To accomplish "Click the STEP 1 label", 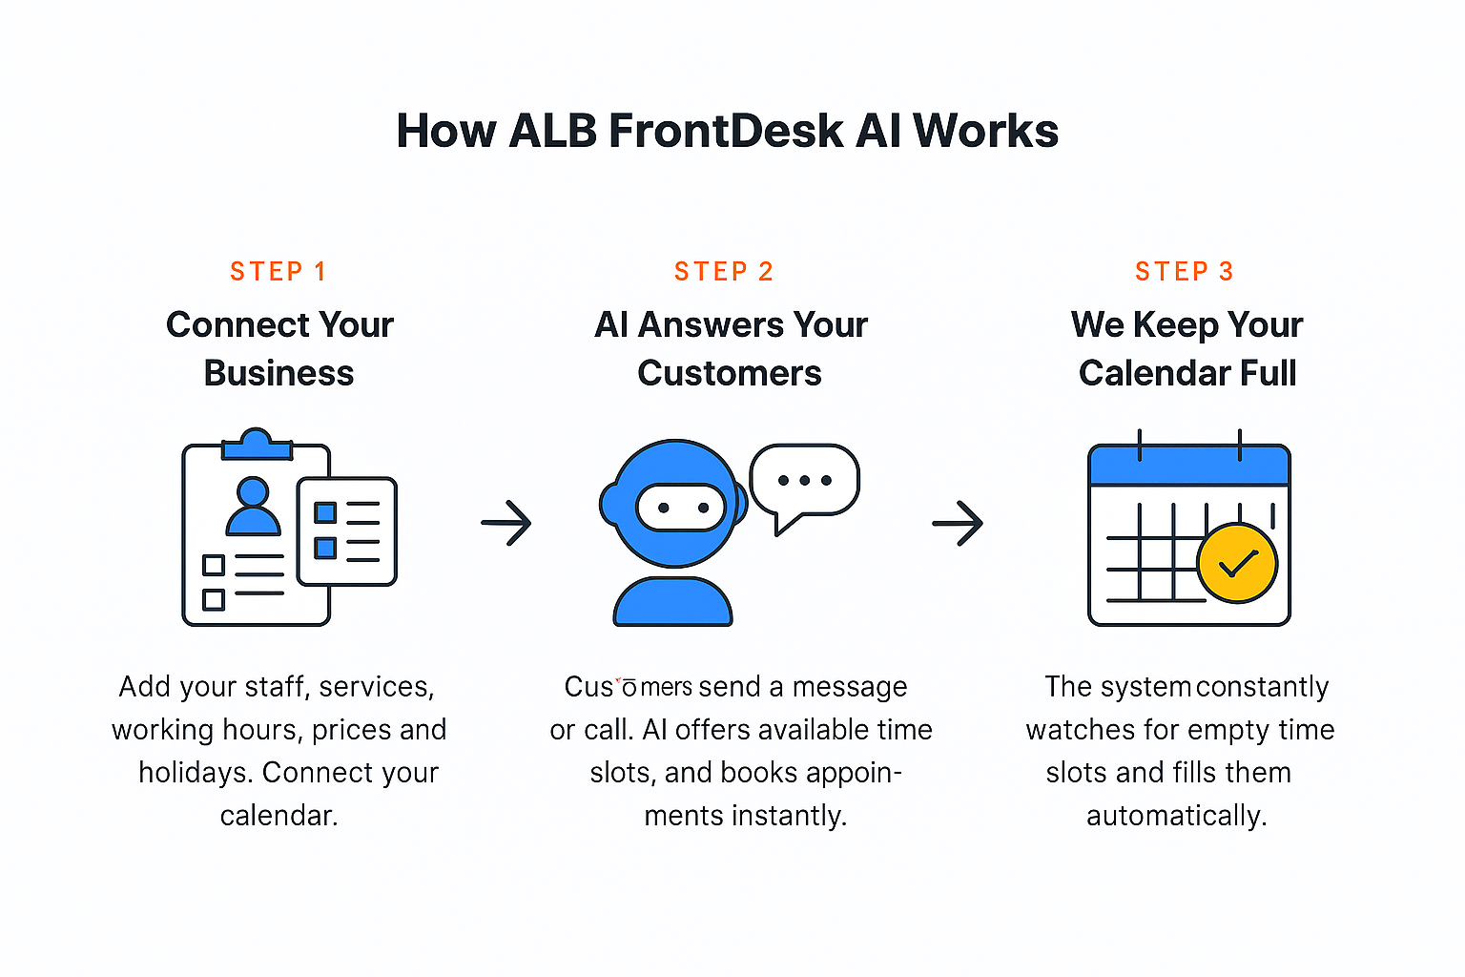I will pos(279,272).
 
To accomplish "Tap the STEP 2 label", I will pos(724,272).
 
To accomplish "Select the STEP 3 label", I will pos(1185,272).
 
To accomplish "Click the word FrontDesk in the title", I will pos(726,131).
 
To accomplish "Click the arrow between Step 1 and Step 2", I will pos(506,523).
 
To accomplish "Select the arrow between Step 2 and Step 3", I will pos(958,523).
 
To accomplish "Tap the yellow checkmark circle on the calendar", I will pos(1237,563).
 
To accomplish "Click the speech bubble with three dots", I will pos(804,480).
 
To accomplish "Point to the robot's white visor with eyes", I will pos(682,508).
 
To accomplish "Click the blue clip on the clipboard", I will pos(256,446).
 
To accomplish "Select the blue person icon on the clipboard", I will pos(253,507).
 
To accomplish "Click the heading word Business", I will pos(279,373).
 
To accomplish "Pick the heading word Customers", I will pos(730,373).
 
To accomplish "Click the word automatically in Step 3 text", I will pos(1176,816).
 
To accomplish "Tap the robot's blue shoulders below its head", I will pos(672,603).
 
